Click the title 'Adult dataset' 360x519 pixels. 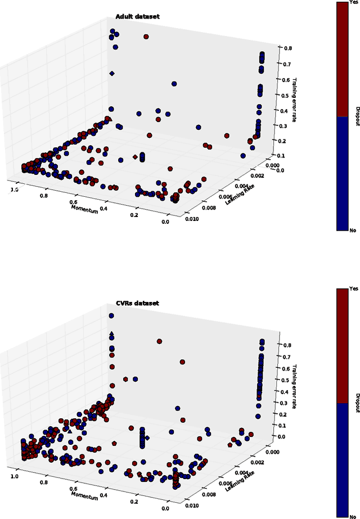(137, 17)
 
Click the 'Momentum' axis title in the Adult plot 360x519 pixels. (84, 207)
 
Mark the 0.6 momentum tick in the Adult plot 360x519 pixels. (73, 201)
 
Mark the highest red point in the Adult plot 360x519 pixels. (146, 37)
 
